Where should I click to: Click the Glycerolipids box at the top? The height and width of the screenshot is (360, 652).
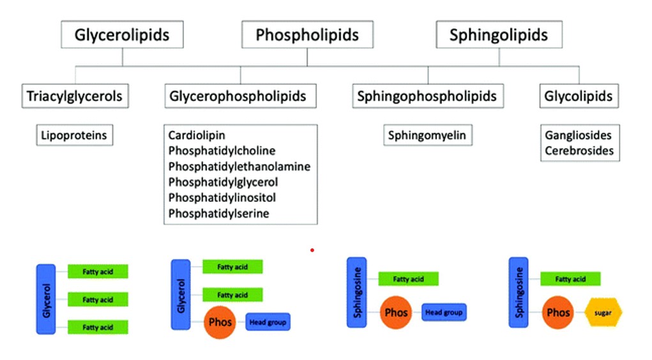(x=122, y=34)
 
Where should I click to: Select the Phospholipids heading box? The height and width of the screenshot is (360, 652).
(x=307, y=34)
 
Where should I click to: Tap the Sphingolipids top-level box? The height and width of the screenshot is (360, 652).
(x=499, y=34)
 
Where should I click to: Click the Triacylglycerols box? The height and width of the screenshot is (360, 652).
(x=74, y=96)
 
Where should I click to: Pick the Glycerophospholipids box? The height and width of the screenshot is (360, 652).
(x=238, y=96)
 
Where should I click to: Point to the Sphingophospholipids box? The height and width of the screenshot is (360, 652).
(x=427, y=96)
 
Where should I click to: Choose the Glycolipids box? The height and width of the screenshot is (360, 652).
(x=579, y=96)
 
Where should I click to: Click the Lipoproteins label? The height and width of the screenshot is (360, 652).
(x=74, y=135)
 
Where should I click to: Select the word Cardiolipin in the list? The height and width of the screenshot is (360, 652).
(x=197, y=135)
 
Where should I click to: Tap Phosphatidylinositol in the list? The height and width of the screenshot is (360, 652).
(x=222, y=198)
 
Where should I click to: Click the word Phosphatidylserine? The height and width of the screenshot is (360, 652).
(x=218, y=213)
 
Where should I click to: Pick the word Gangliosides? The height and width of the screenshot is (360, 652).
(x=578, y=135)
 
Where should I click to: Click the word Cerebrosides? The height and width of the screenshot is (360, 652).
(x=579, y=151)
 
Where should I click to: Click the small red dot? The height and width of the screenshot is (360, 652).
(x=312, y=250)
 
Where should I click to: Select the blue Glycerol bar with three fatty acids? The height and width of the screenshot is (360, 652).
(x=45, y=299)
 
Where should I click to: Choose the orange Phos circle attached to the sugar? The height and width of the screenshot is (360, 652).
(x=558, y=313)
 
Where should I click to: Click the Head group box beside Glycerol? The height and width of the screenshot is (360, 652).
(x=268, y=322)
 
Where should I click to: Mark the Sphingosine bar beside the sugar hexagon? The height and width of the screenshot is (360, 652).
(x=518, y=292)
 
